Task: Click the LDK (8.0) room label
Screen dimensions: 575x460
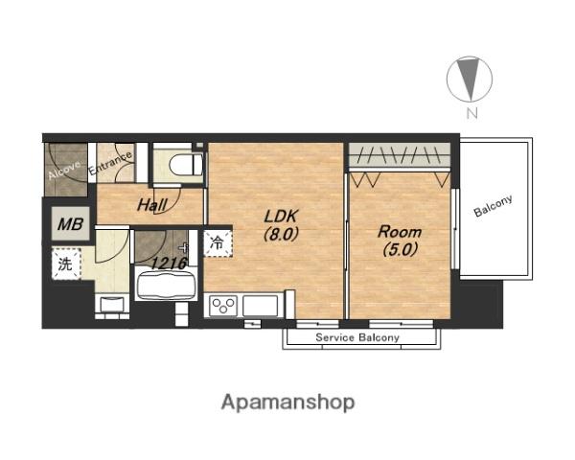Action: (x=281, y=225)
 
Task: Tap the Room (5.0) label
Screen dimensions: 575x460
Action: (x=400, y=241)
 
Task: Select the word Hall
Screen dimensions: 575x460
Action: (x=152, y=205)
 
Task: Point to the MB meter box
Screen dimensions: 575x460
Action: (x=70, y=223)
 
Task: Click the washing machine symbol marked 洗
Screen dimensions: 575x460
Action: (x=66, y=264)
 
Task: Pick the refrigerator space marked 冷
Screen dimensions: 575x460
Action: (x=218, y=242)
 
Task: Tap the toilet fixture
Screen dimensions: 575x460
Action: (x=186, y=165)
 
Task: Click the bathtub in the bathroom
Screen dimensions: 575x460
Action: (x=166, y=284)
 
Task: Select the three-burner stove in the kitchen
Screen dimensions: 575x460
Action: (x=223, y=306)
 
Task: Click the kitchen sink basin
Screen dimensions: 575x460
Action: (x=260, y=306)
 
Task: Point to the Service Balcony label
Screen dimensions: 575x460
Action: (x=357, y=337)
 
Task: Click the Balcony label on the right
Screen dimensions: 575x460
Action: (x=493, y=206)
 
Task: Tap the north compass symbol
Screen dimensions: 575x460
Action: (x=469, y=79)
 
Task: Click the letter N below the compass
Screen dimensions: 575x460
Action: (x=472, y=114)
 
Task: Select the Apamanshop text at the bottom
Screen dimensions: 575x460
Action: (x=287, y=402)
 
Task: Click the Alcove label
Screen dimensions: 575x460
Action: (x=64, y=171)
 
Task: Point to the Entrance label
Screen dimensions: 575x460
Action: (x=110, y=163)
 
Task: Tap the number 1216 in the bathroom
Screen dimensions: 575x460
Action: (x=170, y=263)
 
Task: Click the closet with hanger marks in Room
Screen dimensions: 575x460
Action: (x=400, y=154)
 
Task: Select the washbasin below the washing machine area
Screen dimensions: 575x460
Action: (x=112, y=305)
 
